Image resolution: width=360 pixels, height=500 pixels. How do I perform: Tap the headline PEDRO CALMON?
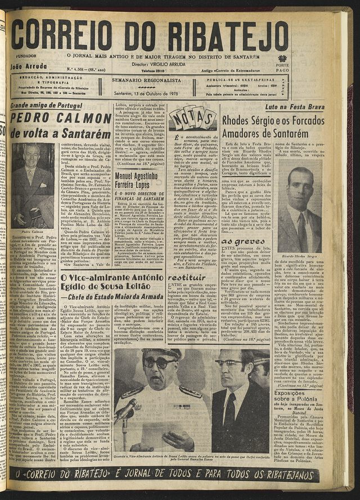tap(61, 119)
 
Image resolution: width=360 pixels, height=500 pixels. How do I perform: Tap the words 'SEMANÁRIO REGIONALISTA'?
tap(146, 82)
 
